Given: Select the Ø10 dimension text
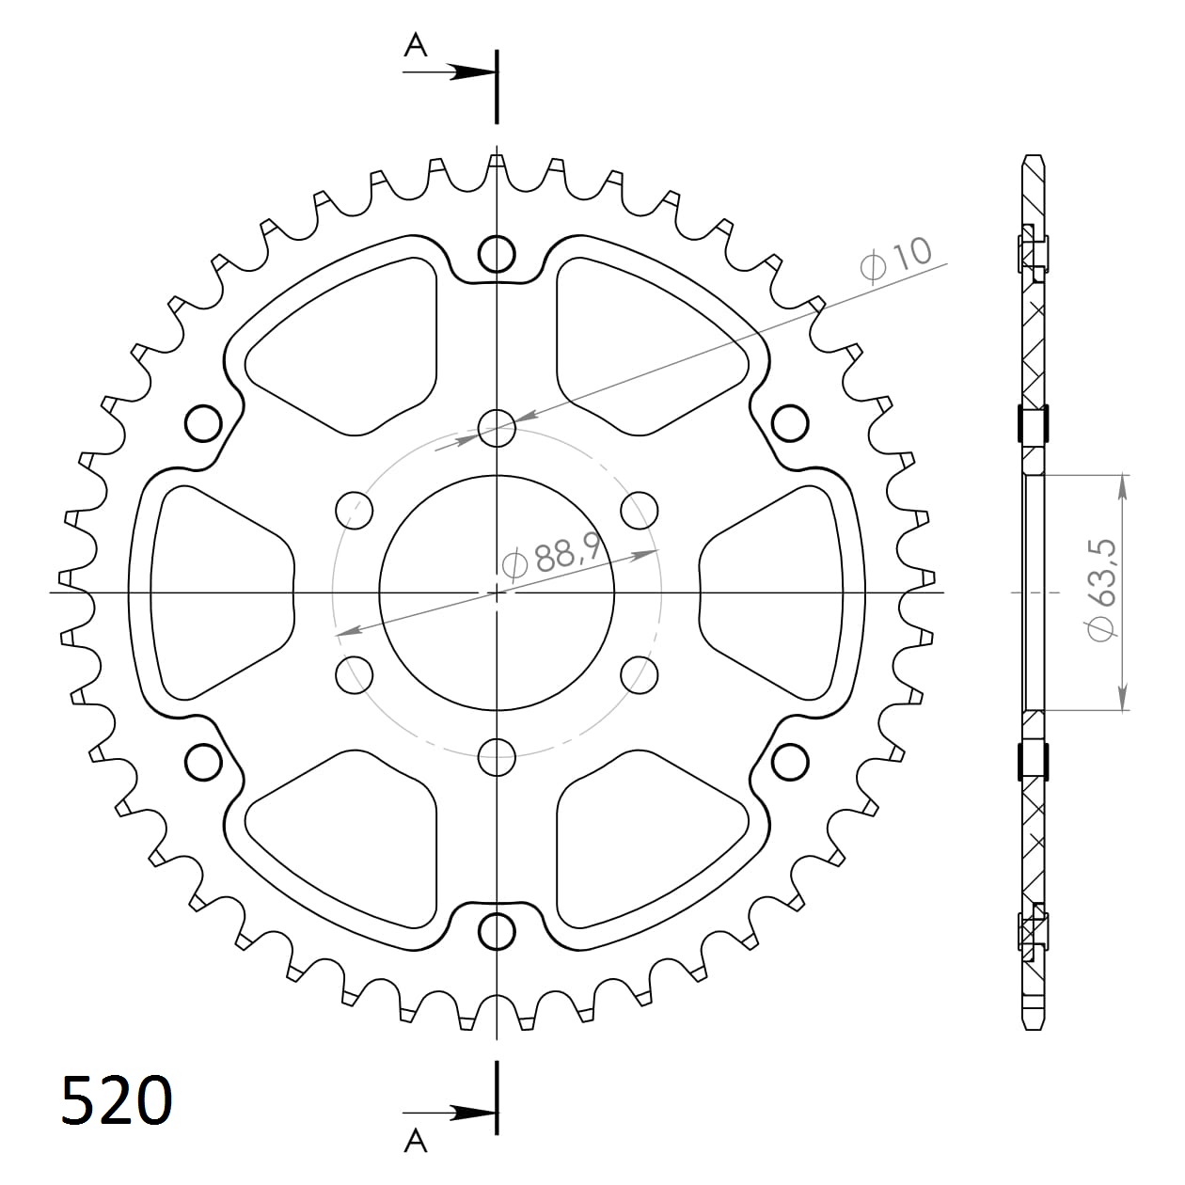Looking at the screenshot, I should (896, 257).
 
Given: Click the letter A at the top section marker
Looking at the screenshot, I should (415, 44).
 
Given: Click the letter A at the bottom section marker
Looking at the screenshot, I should (415, 1141).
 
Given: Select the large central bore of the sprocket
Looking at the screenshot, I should (497, 592).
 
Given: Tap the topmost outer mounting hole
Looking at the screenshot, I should (497, 253).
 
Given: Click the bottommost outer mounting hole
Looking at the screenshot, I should (497, 931).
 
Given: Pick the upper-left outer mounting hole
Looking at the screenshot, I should (203, 423).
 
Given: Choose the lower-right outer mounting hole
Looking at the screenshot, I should (790, 762).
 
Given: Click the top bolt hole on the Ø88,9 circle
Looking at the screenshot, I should (497, 428).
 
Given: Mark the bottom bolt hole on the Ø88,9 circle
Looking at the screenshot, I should (497, 756).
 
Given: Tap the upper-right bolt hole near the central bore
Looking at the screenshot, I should (639, 510).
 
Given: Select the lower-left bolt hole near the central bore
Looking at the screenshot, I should (354, 674).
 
